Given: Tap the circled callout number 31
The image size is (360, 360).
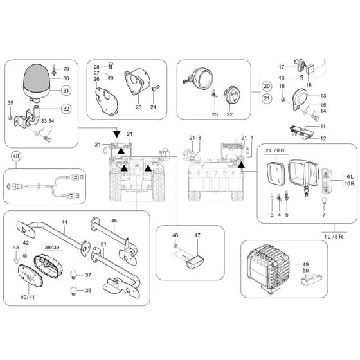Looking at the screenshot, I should click(66, 90).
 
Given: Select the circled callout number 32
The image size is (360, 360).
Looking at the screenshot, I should click(66, 108).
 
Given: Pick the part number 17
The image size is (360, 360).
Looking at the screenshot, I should click(281, 67).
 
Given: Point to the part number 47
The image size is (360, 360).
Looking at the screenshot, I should click(197, 237).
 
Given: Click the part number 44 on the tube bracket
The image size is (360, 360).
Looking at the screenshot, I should click(64, 221).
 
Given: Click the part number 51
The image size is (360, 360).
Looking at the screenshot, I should click(104, 244).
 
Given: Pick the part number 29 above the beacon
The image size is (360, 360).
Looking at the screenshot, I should click(66, 68).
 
